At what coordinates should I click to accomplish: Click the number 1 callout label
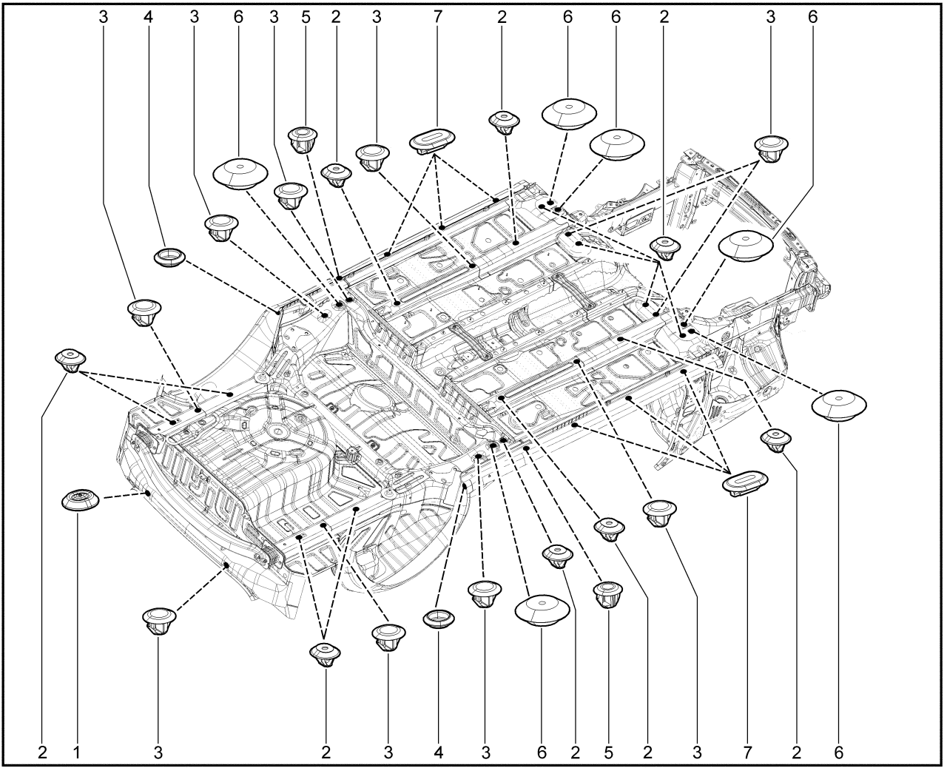point(76,752)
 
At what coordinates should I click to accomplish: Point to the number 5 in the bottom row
point(608,752)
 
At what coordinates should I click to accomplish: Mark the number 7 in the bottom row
point(747,752)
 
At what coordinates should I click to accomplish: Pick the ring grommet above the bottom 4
point(440,618)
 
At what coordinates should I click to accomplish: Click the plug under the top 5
point(303,138)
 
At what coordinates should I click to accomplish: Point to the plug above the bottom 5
point(608,593)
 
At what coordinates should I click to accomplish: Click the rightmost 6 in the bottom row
point(838,752)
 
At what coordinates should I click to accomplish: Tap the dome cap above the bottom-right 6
point(839,404)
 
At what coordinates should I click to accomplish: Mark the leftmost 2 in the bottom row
point(43,752)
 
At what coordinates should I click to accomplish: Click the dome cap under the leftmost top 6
point(240,173)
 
